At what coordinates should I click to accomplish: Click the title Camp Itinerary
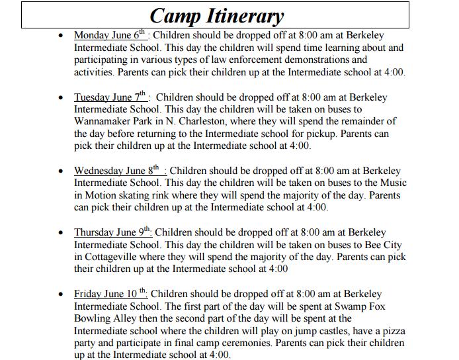pos(216,15)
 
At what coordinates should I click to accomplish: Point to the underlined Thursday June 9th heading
pos(112,233)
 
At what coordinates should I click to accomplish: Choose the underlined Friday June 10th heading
pos(110,294)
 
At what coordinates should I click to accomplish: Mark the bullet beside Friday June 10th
pos(62,294)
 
